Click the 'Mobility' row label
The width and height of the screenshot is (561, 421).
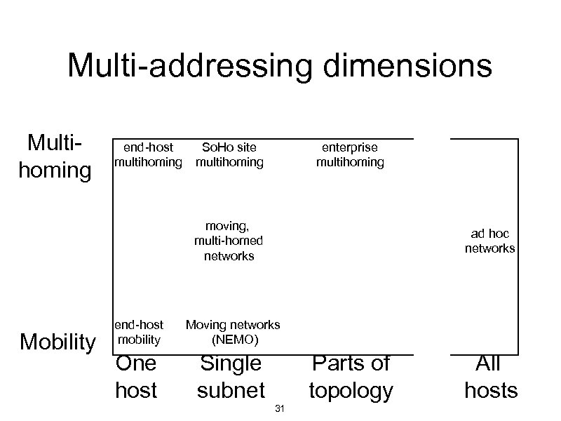coord(58,342)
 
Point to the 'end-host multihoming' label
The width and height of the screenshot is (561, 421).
coord(148,155)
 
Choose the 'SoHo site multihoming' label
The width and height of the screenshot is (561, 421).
coord(229,155)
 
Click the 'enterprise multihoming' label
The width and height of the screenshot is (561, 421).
coord(350,155)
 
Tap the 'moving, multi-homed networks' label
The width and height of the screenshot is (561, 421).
coord(229,241)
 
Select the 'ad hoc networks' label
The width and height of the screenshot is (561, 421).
coord(489,241)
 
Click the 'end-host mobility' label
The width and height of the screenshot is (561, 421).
coord(139,332)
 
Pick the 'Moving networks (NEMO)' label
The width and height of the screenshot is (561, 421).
coord(233,332)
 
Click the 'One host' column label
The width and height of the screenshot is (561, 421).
coord(136,377)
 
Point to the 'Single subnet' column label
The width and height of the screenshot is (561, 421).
coord(231,377)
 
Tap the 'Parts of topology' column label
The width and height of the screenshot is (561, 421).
coord(351,377)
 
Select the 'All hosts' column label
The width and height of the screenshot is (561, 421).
coord(490,377)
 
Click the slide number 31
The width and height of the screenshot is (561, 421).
coord(279,409)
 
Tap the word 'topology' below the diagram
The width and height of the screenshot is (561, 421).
coord(351,390)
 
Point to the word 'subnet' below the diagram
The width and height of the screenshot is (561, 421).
coord(231,390)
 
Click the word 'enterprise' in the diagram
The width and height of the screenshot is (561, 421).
coord(349,147)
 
